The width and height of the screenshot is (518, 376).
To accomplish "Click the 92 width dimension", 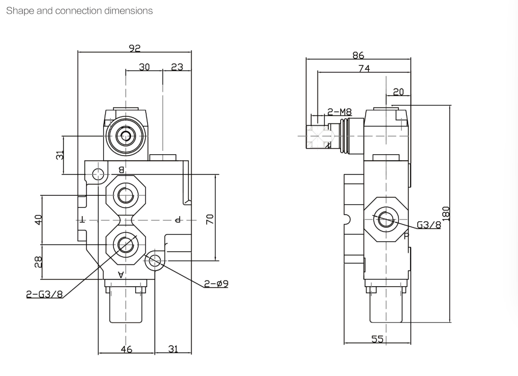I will [x=135, y=48].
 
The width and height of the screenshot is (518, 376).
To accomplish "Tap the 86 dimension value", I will [x=358, y=55].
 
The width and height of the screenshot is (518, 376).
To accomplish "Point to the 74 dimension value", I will [x=364, y=68].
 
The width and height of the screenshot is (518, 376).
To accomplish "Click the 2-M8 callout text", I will [x=340, y=112].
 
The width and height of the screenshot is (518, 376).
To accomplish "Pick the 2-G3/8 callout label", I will [x=44, y=294].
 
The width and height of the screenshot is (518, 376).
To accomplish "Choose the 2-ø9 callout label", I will [x=216, y=284].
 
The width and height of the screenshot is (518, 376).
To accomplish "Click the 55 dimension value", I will [x=377, y=339].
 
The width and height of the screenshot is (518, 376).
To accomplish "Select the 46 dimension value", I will [x=126, y=349].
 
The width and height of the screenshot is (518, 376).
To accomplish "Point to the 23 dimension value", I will [x=177, y=67].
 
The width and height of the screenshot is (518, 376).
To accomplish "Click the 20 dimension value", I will [x=398, y=92].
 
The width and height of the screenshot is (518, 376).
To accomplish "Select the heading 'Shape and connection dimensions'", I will [x=79, y=10].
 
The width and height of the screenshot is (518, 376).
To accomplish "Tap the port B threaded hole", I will [x=126, y=194].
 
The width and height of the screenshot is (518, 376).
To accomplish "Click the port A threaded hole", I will [x=126, y=244].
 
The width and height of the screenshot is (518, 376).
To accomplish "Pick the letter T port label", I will [x=83, y=220].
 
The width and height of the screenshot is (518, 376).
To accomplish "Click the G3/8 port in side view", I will [x=386, y=218].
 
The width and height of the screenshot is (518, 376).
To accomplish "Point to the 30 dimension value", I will [x=144, y=67].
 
